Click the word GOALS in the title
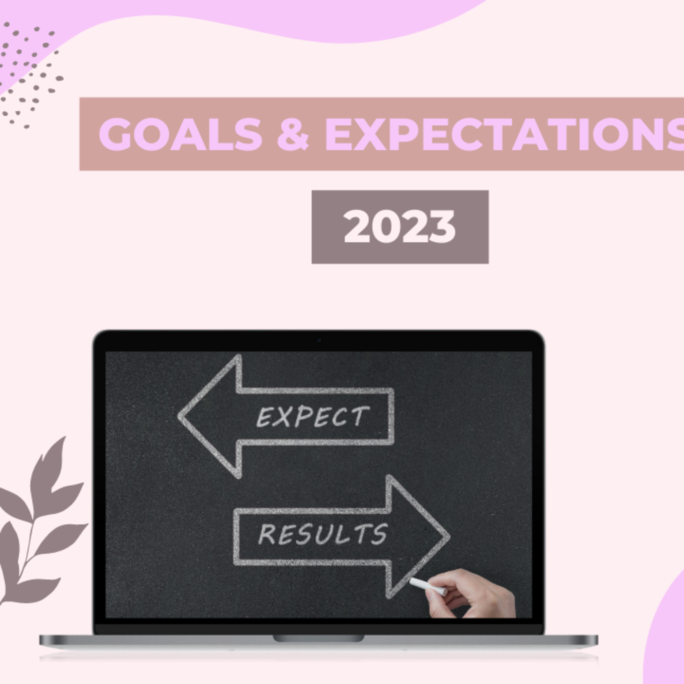181,134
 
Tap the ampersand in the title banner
293,134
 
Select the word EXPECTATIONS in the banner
505,134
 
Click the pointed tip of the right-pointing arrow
449,536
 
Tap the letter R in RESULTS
267,534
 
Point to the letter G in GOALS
115,134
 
